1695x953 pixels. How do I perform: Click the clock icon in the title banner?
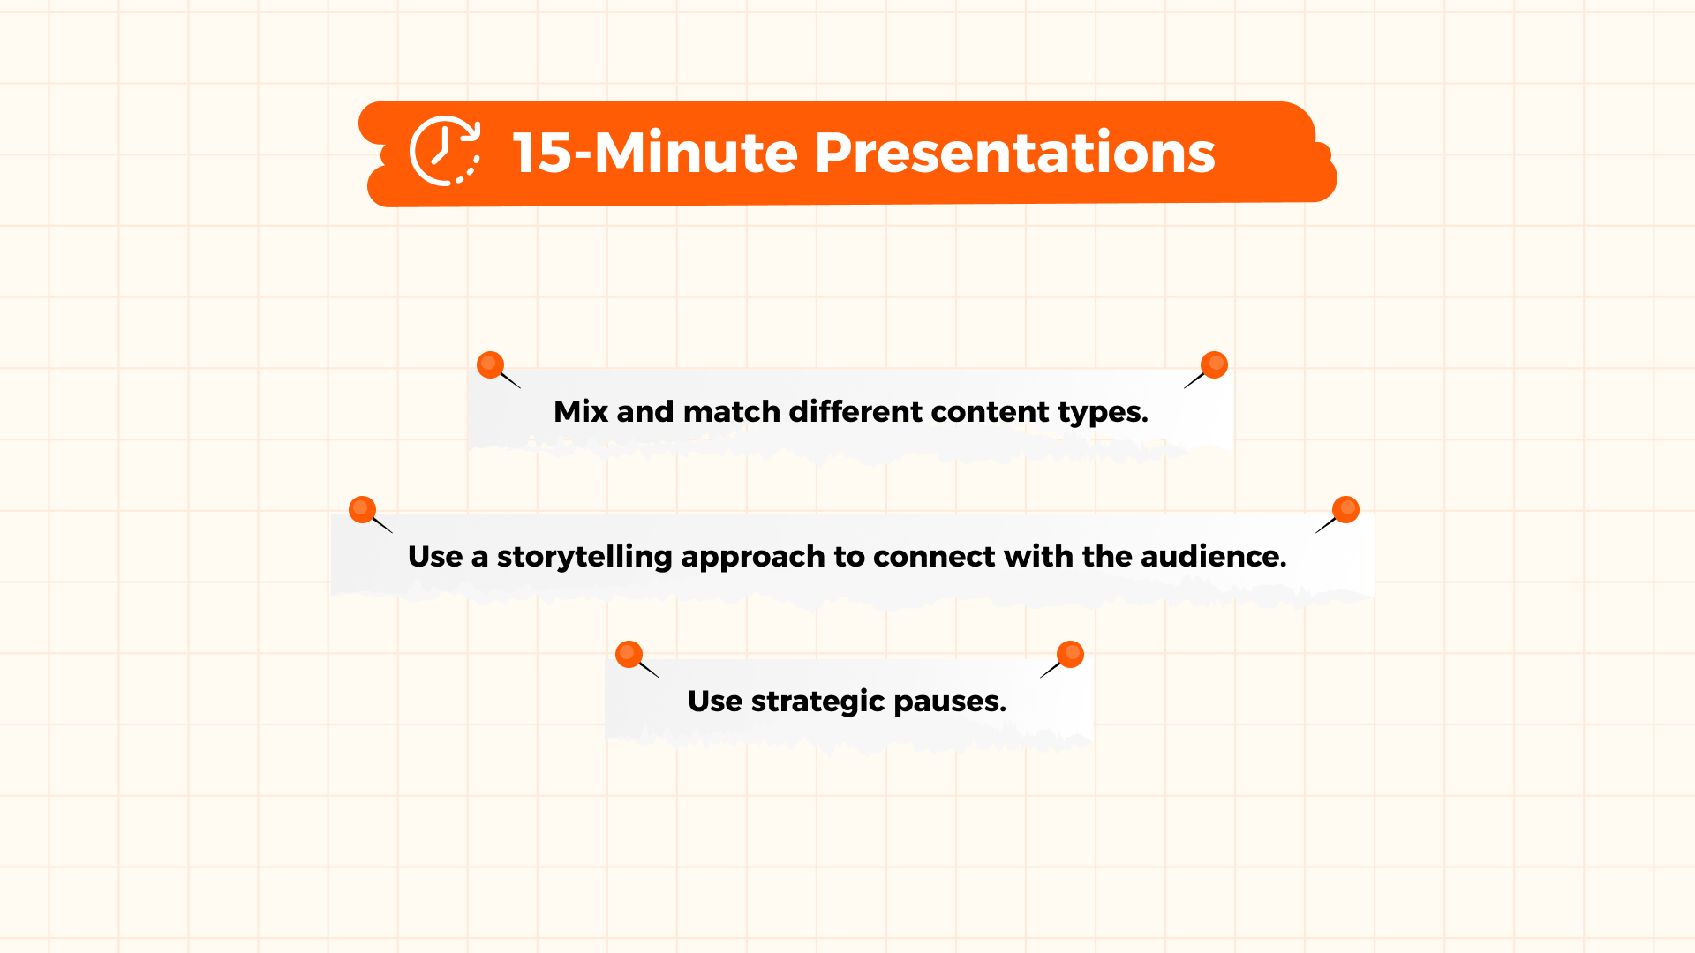444,151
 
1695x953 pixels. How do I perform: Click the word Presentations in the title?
1014,153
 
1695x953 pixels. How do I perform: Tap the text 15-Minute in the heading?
656,153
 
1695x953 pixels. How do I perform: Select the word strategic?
817,702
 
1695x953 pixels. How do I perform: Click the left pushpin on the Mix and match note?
491,365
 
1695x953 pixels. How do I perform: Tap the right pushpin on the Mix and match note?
1214,364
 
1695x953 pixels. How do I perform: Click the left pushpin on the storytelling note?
363,509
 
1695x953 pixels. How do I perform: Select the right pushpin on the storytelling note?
1345,509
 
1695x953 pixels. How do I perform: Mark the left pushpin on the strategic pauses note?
629,654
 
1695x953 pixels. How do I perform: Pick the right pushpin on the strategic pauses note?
1070,654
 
